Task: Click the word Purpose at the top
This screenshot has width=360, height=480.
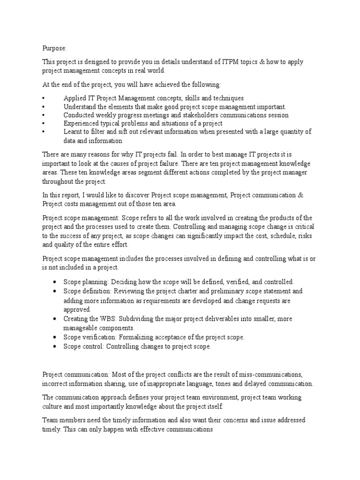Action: click(x=54, y=47)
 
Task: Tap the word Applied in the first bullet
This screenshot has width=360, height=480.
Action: click(x=75, y=98)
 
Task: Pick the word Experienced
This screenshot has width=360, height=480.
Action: click(x=83, y=123)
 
